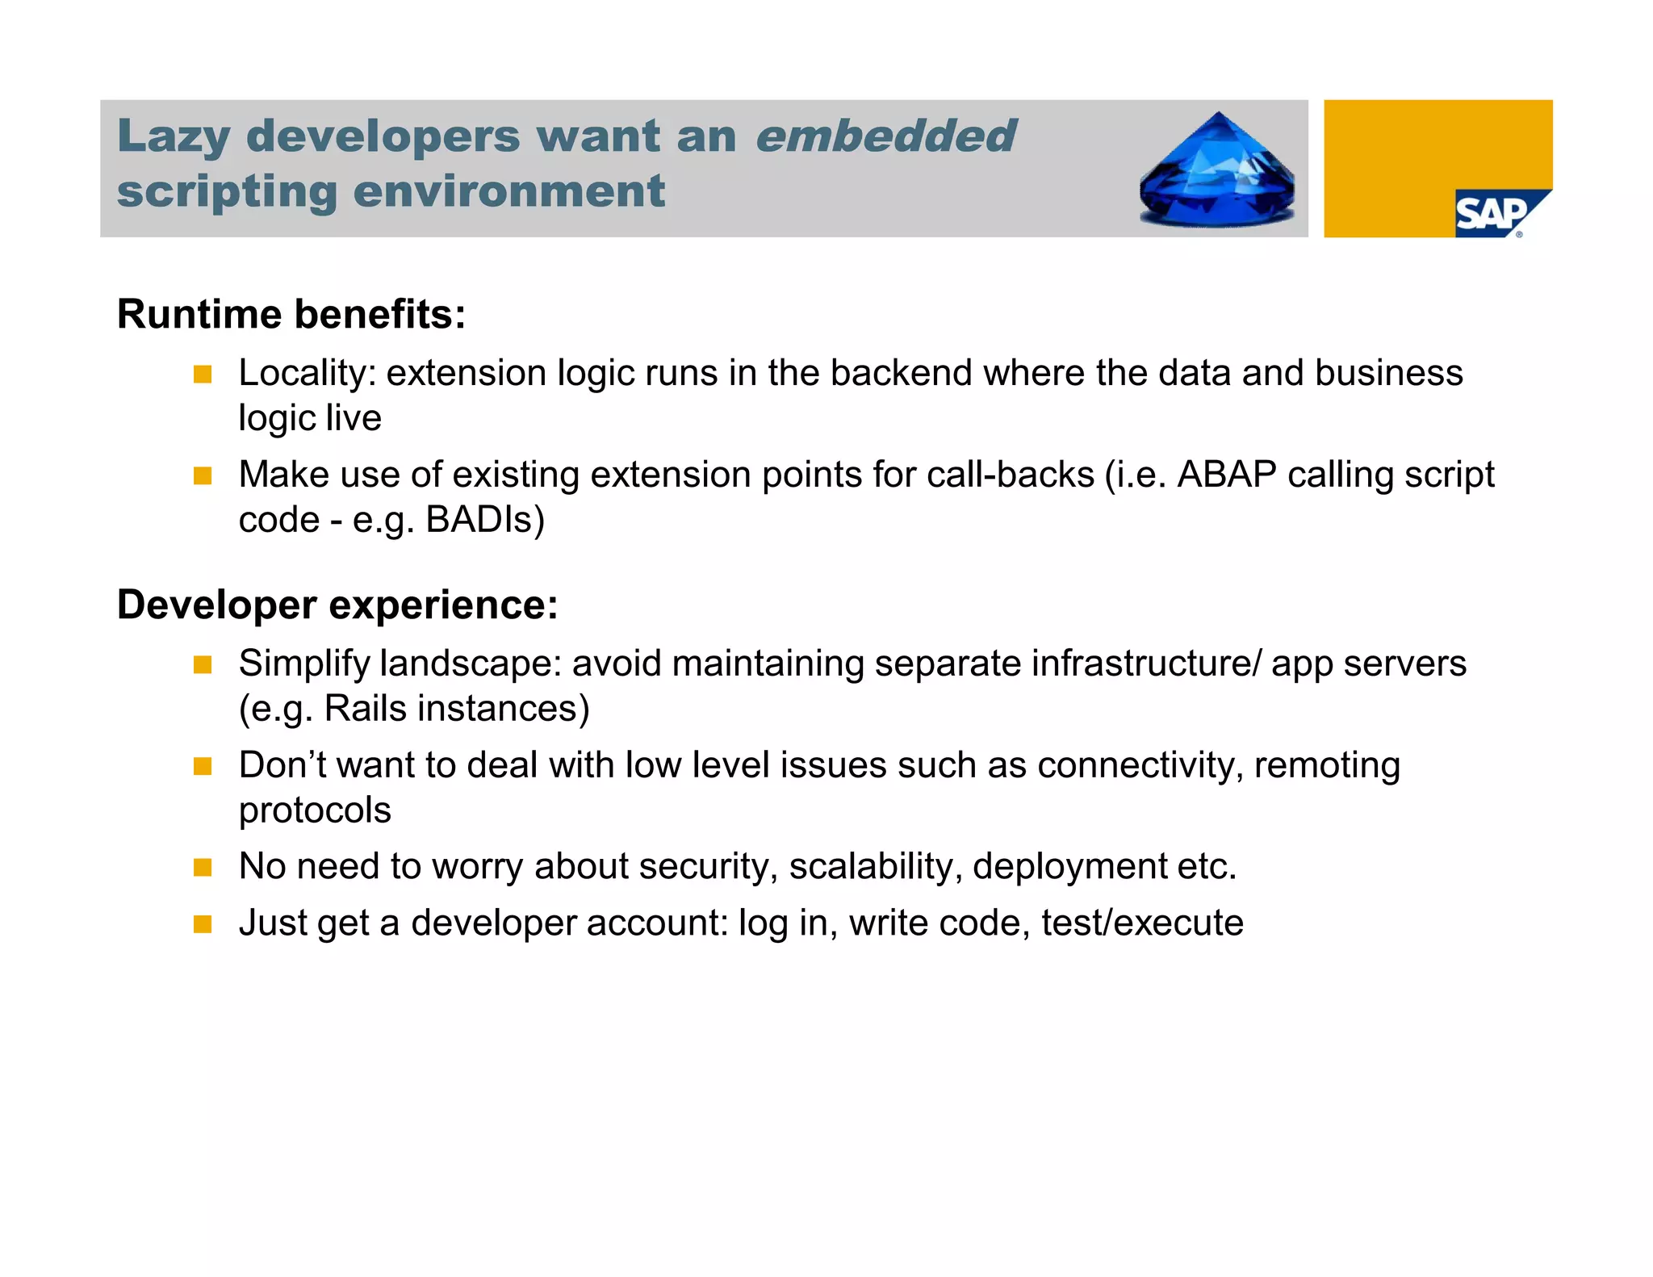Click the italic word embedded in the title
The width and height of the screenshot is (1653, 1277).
tap(885, 136)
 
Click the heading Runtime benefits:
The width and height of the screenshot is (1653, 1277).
tap(291, 314)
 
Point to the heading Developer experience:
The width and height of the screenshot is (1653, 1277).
tap(337, 605)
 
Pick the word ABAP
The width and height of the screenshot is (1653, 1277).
tap(1226, 475)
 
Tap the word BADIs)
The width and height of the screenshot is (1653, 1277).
tap(485, 520)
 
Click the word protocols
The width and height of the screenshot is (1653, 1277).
tap(315, 810)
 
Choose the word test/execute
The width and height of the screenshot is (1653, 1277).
tap(1142, 923)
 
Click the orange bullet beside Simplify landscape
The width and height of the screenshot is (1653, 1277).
tap(203, 665)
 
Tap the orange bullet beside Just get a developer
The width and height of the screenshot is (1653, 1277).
tap(203, 924)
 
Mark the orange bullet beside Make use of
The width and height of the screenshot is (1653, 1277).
tap(203, 476)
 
